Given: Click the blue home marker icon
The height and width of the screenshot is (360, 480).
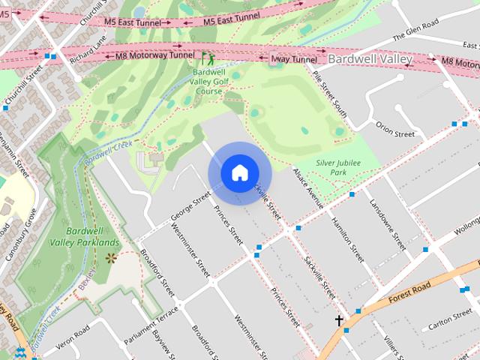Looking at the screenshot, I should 239,173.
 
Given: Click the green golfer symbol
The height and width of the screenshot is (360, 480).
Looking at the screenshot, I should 206,57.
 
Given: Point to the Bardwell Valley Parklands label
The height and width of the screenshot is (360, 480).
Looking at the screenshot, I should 84,237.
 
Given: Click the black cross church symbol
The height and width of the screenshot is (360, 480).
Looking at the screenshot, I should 339,320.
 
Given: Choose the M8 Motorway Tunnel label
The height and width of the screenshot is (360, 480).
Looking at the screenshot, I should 150,55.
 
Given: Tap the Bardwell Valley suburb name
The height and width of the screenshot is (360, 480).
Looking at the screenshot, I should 370,58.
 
